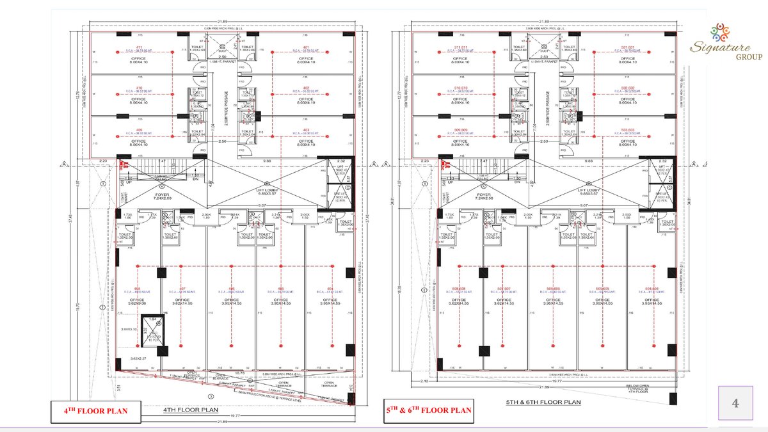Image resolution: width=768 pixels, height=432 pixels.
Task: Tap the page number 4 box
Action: click(x=735, y=404)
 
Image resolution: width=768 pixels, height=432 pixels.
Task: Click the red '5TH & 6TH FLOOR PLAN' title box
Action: click(x=428, y=410)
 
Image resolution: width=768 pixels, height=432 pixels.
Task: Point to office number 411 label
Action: click(x=137, y=48)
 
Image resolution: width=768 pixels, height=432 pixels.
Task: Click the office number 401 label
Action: click(x=306, y=48)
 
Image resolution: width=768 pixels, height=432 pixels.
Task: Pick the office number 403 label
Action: click(x=306, y=130)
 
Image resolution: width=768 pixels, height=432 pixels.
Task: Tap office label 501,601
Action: click(x=629, y=48)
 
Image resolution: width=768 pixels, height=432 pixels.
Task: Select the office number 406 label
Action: click(x=137, y=130)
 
